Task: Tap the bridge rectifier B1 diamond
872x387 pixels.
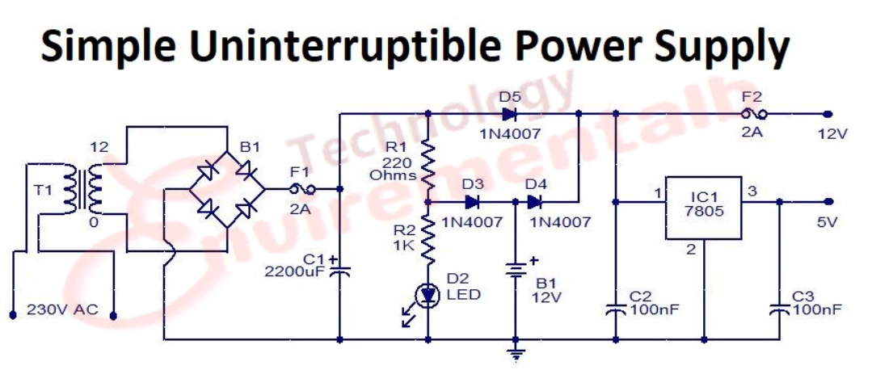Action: click(x=228, y=190)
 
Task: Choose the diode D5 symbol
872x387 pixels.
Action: click(x=509, y=114)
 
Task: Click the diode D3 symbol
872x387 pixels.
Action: click(x=473, y=202)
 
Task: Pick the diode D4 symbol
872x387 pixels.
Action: click(x=534, y=202)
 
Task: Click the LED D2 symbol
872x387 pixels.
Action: click(x=428, y=296)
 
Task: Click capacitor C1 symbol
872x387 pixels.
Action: click(x=339, y=270)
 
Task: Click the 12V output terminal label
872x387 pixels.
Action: click(x=832, y=134)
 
